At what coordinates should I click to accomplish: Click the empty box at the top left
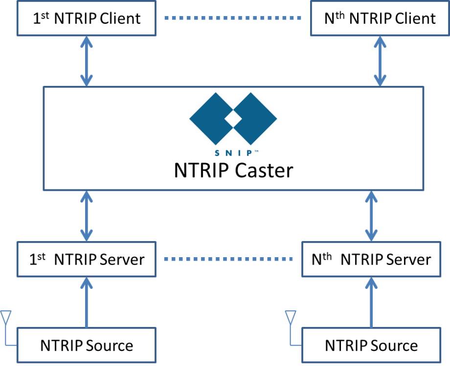pos(86,18)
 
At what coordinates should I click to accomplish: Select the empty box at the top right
pos(380,18)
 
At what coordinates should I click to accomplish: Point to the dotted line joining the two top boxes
pos(233,18)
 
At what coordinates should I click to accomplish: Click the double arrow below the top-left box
pos(87,61)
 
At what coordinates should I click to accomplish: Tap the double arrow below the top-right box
pos(380,61)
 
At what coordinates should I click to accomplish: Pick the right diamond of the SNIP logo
pos(255,119)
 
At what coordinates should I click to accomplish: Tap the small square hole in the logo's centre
pos(233,119)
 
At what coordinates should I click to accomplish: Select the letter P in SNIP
pos(250,153)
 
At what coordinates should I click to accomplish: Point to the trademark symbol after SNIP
pos(256,151)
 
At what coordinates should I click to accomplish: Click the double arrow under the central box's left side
pos(87,216)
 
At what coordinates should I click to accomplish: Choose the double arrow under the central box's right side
pos(371,216)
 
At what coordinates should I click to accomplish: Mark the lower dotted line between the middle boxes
pos(228,259)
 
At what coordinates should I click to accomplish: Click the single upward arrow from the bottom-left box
pos(87,302)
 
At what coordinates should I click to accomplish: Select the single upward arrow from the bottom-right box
pos(371,302)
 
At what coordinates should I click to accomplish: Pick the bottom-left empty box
pos(86,345)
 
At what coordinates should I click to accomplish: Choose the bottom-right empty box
pos(371,345)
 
